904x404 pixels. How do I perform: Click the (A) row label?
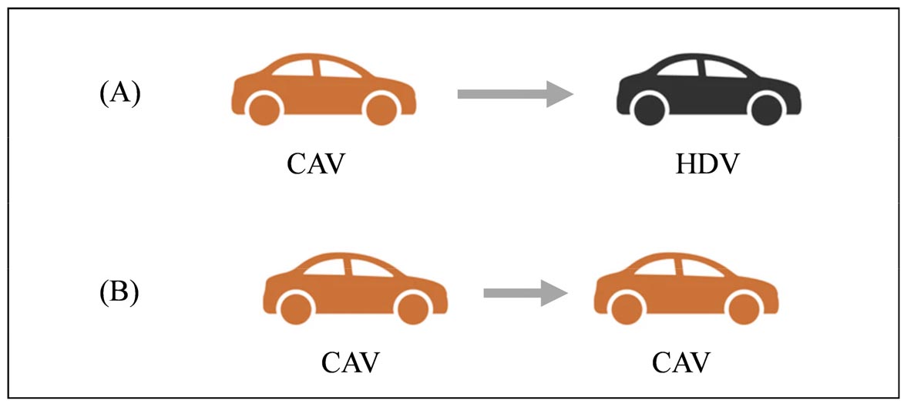pyautogui.click(x=119, y=93)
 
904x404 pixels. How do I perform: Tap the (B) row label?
pyautogui.click(x=119, y=293)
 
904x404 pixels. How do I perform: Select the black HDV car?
pyautogui.click(x=708, y=90)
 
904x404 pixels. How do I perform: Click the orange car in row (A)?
pyautogui.click(x=324, y=90)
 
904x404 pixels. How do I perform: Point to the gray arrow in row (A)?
pyautogui.click(x=516, y=94)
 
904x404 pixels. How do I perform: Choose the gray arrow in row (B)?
pyautogui.click(x=526, y=293)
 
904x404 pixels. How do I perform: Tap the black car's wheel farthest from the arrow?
pyautogui.click(x=767, y=109)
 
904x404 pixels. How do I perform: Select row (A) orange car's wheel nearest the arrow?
pyautogui.click(x=381, y=109)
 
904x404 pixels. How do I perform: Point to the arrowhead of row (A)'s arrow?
pyautogui.click(x=560, y=94)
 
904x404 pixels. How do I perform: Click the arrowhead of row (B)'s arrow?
pyautogui.click(x=556, y=293)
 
